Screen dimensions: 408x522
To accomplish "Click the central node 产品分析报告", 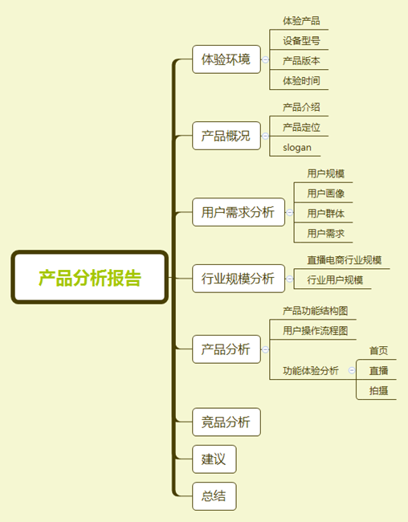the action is (x=90, y=277).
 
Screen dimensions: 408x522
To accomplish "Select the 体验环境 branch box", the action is (x=226, y=59).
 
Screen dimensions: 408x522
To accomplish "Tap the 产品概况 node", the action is (x=226, y=136).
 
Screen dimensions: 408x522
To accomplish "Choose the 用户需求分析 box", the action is (x=239, y=212).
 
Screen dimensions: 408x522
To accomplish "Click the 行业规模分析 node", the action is (x=239, y=279).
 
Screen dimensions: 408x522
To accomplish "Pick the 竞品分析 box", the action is (x=226, y=422).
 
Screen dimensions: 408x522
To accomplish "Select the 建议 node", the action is (x=214, y=459).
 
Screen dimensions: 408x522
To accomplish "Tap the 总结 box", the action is (x=214, y=496).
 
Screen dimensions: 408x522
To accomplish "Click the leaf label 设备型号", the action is (x=301, y=41).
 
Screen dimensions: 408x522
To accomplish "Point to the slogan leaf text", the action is (x=297, y=148).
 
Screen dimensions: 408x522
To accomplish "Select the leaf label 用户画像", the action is (x=326, y=194).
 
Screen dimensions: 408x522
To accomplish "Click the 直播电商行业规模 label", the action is (x=345, y=260).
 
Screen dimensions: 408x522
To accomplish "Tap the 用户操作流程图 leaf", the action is (x=316, y=331).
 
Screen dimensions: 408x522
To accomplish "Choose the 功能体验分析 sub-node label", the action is (x=311, y=370).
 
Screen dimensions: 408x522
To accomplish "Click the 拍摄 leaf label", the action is (x=379, y=390).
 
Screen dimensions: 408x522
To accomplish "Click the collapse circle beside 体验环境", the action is (x=266, y=59).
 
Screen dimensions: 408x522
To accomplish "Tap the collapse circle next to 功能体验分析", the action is (x=352, y=370).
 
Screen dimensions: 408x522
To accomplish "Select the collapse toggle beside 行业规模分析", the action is (x=290, y=279).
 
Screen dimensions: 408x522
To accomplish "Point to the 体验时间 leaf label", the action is (x=301, y=80).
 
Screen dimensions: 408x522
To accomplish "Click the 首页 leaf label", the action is (x=379, y=351).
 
